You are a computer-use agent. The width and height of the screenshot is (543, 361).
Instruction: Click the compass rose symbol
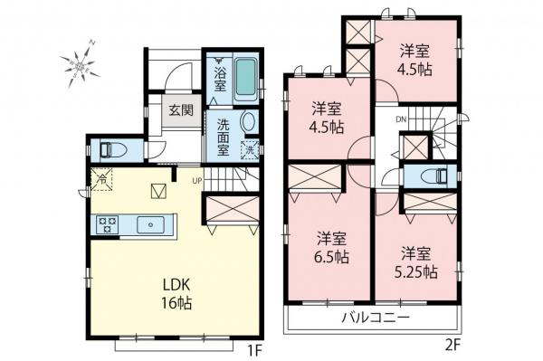79,62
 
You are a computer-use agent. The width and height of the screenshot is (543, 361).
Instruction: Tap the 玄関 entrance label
180,111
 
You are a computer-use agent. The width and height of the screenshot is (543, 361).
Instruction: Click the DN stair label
400,120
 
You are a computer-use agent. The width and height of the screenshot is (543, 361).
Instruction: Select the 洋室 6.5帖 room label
331,247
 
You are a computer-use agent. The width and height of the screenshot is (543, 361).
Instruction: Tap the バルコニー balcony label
376,318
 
